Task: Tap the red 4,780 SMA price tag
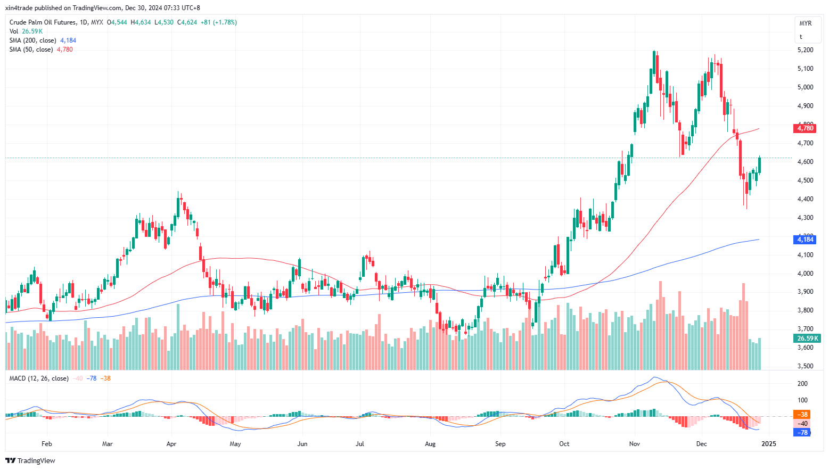point(805,128)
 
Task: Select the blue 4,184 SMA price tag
point(805,240)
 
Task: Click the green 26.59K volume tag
point(807,339)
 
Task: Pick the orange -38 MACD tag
point(802,415)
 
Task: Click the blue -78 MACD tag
point(802,432)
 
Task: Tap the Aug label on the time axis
point(430,444)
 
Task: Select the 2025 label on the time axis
point(768,444)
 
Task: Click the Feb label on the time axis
point(47,444)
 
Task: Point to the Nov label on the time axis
point(634,444)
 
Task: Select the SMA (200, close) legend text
point(32,40)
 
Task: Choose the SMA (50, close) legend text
point(31,50)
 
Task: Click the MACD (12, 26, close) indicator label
point(39,378)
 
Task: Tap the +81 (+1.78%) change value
point(218,22)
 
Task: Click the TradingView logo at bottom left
point(30,460)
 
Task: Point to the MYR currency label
point(805,23)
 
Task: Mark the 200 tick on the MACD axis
point(802,384)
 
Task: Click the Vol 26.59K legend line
point(26,31)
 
